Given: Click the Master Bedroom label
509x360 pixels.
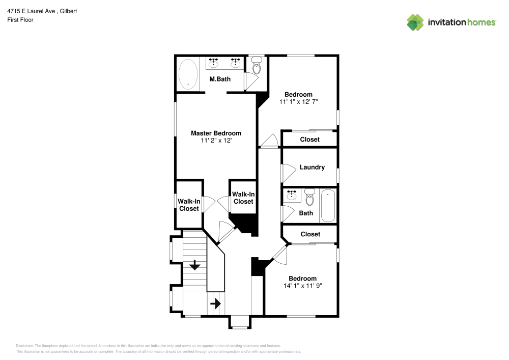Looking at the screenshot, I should coord(216,133).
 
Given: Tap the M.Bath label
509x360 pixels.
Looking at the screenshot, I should coord(220,79).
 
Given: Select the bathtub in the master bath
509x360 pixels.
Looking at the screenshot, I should coord(188,74).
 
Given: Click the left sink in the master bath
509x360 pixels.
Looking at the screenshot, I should coord(213,63).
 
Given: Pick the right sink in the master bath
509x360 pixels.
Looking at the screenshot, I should coord(235,63).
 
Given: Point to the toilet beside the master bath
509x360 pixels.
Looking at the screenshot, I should coord(257,66).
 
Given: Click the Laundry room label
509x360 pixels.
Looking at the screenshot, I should coord(312,167).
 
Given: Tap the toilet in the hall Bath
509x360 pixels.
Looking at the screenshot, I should coord(309,196).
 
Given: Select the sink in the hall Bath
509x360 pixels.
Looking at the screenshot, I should coord(292,196).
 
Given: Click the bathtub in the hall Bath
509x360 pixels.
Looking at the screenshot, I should coord(328,206).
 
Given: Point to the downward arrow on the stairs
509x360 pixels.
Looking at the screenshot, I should coord(194,265).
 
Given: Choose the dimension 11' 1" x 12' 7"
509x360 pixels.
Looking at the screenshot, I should coord(298,102).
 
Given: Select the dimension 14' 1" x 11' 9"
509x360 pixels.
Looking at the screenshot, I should coord(302,286).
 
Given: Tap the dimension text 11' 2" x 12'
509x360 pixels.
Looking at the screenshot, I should coord(216,141).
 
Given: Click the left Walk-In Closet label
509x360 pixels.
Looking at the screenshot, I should coord(188,205).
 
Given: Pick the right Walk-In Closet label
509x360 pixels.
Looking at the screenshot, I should coord(243,198).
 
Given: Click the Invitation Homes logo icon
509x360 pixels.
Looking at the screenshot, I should coord(415,22).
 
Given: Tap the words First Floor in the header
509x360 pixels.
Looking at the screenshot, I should coord(20,20).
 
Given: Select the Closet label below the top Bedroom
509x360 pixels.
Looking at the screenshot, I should coord(309,140).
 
